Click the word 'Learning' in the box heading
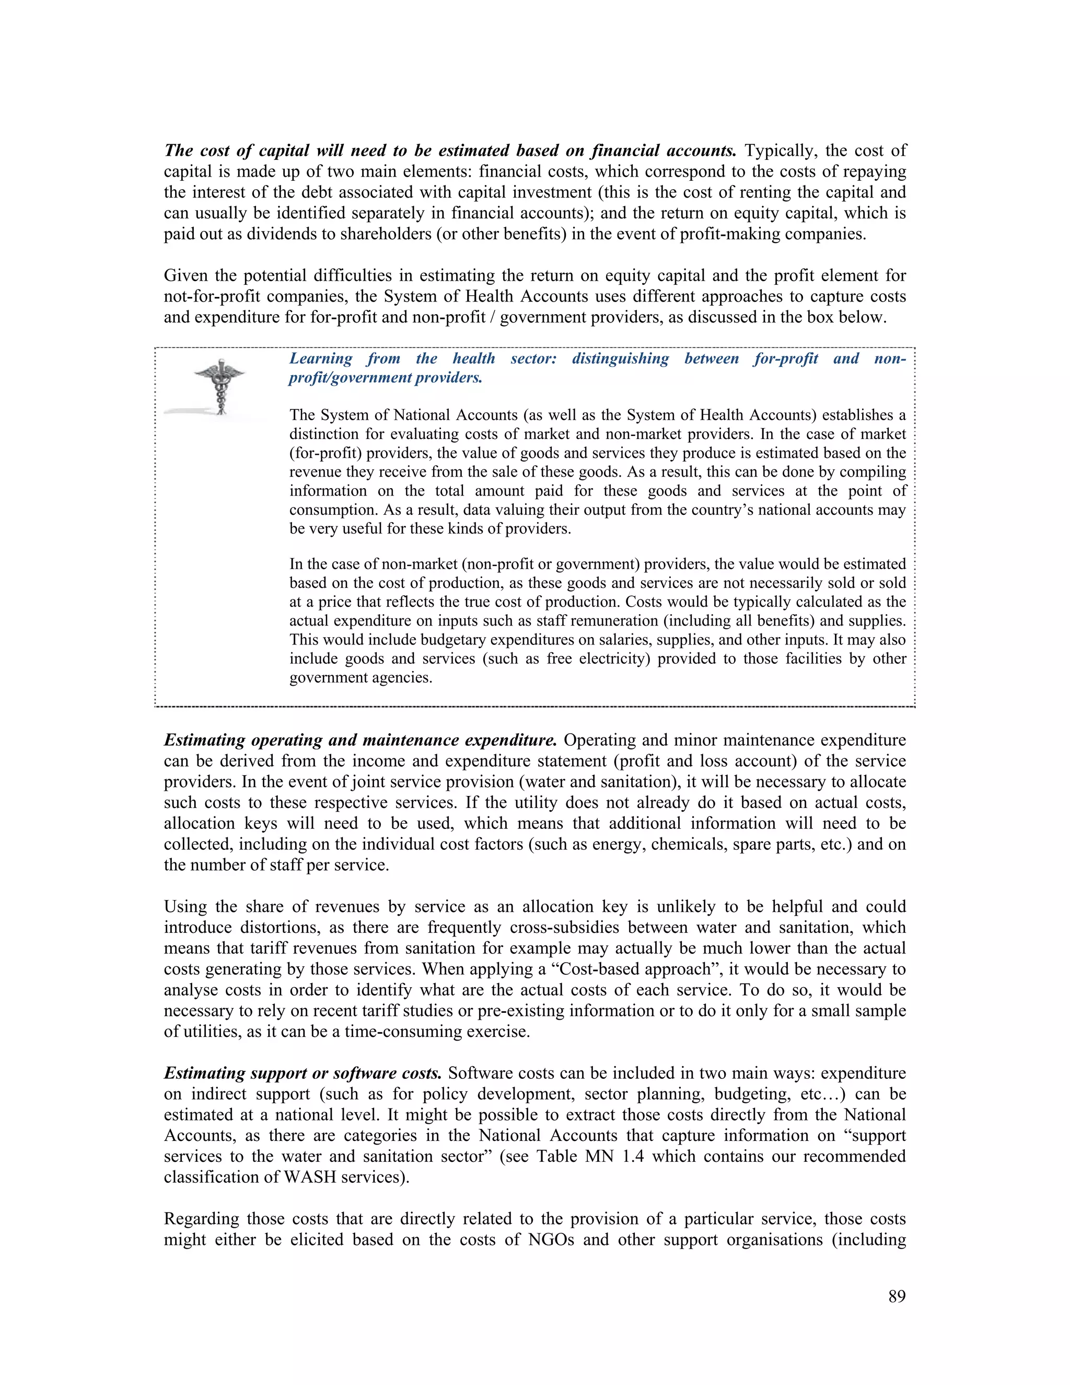320,359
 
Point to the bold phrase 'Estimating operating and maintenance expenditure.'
360,740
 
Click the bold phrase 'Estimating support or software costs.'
303,1073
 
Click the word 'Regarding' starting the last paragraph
202,1219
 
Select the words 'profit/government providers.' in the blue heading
385,378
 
